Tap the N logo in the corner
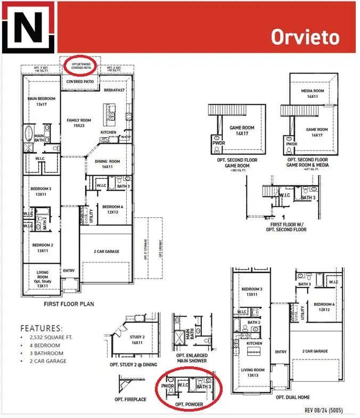tap(27, 28)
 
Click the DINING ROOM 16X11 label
tap(107, 164)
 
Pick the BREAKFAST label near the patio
tap(114, 90)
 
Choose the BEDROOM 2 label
tap(42, 248)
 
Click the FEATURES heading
tap(42, 329)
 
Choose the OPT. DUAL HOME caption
tap(292, 397)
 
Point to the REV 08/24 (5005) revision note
tap(328, 410)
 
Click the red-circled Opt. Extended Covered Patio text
tap(78, 65)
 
